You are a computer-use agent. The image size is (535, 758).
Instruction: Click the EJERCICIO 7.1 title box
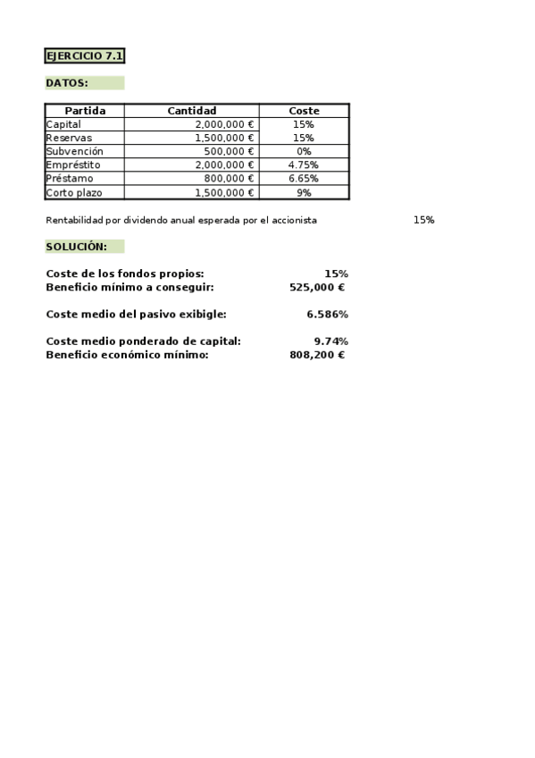[84, 56]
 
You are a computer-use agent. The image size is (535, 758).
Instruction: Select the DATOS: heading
[67, 83]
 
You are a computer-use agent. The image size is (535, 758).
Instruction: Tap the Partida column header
[85, 111]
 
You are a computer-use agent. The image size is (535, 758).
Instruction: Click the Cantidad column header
[191, 111]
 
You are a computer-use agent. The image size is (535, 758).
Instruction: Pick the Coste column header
[304, 111]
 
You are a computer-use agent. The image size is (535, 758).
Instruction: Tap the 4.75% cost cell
[304, 165]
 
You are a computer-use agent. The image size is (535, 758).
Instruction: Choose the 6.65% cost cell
[304, 179]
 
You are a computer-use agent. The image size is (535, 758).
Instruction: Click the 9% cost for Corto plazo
[304, 192]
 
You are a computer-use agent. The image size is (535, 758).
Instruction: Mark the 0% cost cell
[304, 152]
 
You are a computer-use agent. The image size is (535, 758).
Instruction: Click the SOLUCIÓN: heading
[76, 247]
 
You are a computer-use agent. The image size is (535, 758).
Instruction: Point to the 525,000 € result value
[317, 288]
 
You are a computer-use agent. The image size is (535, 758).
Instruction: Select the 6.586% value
[327, 315]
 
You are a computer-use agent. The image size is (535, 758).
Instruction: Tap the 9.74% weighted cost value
[330, 341]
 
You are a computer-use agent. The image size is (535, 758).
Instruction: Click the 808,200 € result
[317, 355]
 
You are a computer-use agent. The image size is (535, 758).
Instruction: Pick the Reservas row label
[69, 139]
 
